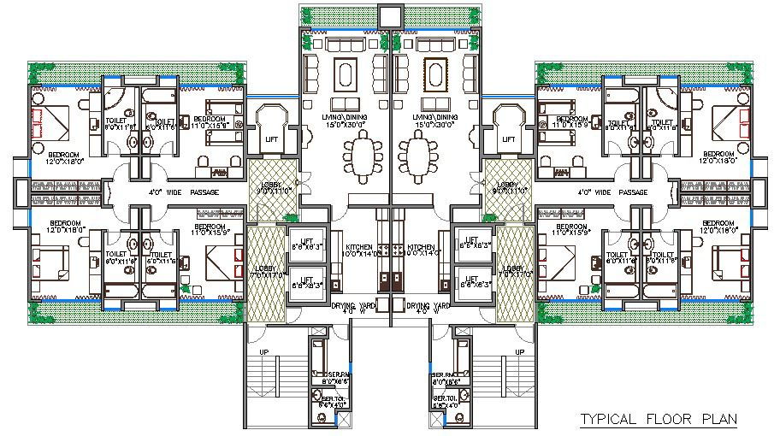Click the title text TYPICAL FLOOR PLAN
658,419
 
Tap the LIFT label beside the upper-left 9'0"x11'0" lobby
271,138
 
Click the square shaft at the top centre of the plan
390,15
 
